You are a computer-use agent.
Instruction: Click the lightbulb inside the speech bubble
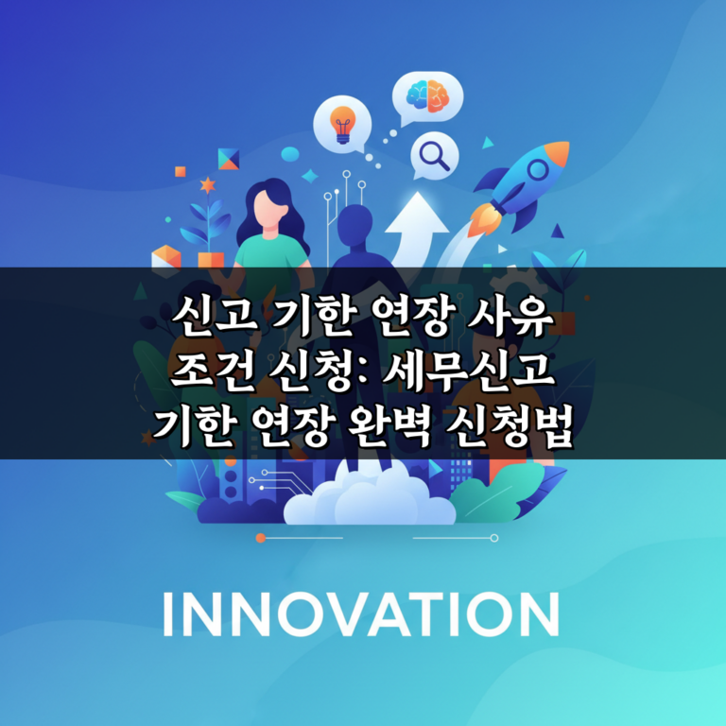(342, 123)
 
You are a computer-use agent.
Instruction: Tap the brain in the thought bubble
(424, 95)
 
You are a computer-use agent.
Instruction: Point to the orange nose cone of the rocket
(560, 150)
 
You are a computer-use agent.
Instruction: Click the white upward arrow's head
(413, 210)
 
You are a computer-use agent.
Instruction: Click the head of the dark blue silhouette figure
(354, 227)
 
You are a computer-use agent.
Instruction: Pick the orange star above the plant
(207, 185)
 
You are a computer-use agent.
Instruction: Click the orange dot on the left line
(261, 538)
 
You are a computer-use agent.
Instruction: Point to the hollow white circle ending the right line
(493, 538)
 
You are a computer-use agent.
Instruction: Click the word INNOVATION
(362, 614)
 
